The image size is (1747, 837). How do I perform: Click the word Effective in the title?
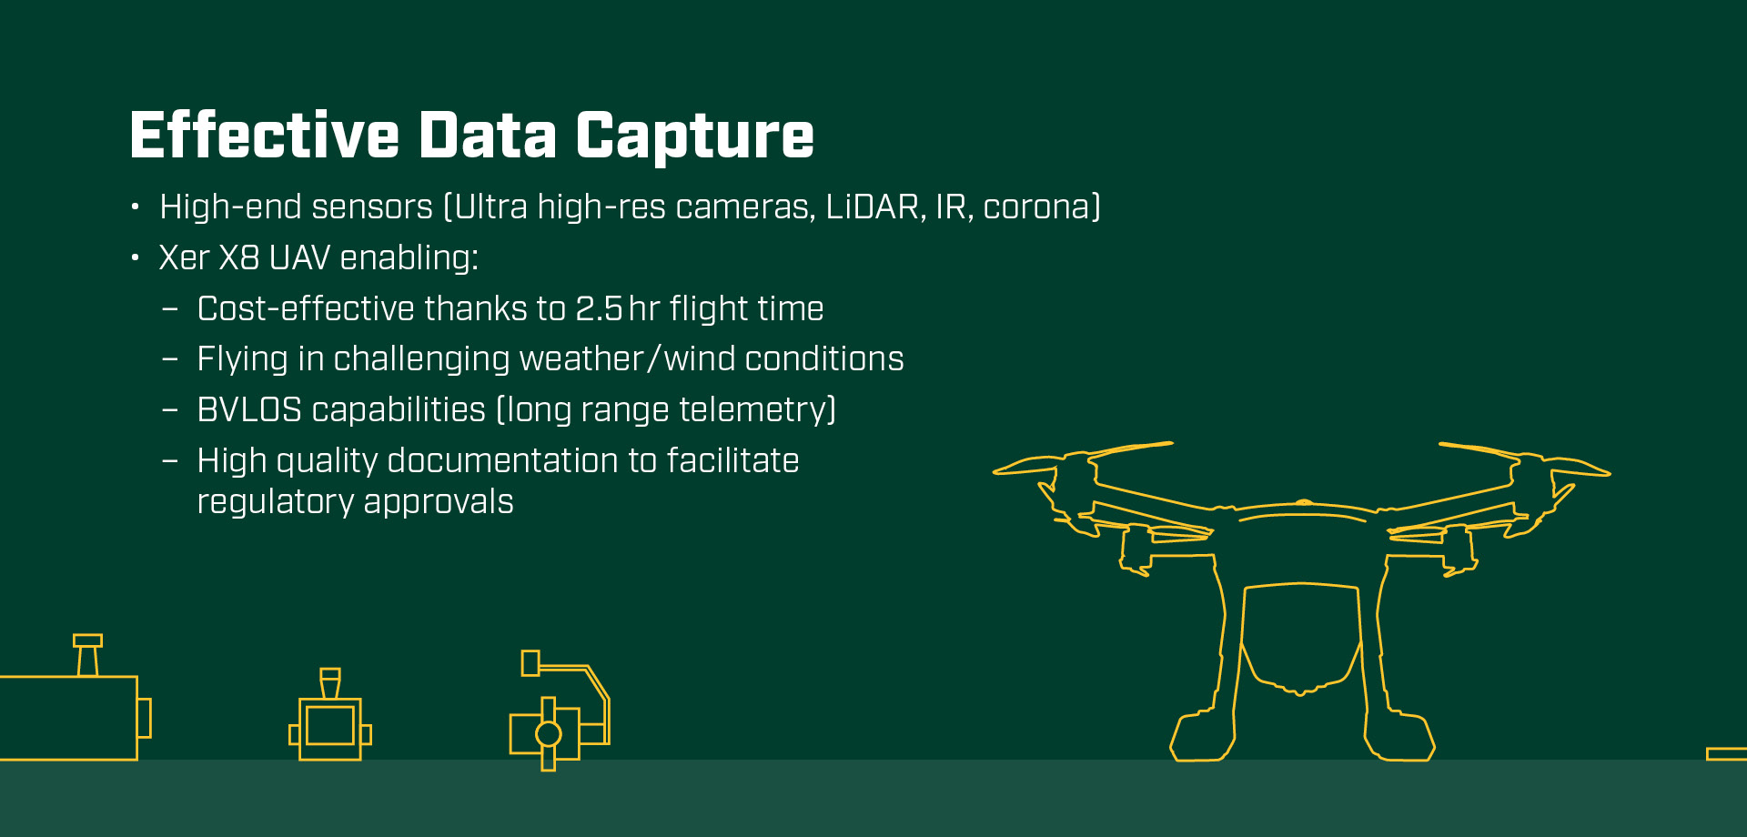pos(265,135)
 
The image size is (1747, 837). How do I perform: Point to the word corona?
pos(1036,208)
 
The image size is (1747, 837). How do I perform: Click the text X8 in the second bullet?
pos(239,257)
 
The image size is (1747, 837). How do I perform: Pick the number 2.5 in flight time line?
pos(599,309)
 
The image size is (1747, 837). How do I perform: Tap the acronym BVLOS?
pos(249,410)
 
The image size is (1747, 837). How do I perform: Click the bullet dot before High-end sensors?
pos(136,207)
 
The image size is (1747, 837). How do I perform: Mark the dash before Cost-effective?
pos(169,309)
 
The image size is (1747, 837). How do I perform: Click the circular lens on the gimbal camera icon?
pos(549,733)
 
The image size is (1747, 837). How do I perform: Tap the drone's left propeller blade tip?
pos(995,471)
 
